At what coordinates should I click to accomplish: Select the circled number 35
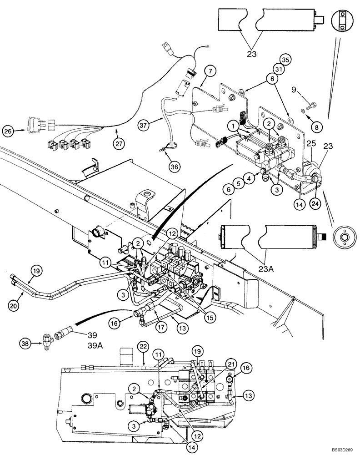tap(285, 60)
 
